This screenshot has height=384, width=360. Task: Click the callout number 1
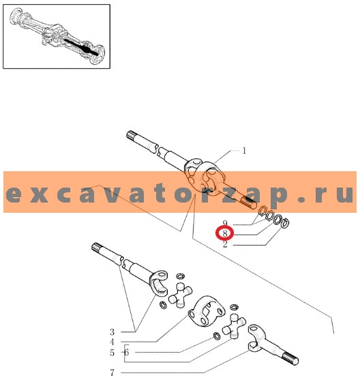pos(244,151)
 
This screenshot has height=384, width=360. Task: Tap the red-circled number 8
pos(225,233)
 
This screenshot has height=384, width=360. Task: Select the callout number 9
pos(225,223)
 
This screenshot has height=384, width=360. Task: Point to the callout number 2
pos(225,244)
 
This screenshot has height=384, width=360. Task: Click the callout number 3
pos(112,332)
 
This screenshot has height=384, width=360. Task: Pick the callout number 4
pos(112,342)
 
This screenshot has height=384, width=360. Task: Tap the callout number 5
pos(112,353)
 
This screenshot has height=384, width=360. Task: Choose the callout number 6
pos(126,353)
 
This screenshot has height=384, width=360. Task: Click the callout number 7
pos(112,372)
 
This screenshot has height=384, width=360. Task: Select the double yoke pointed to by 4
pos(207,311)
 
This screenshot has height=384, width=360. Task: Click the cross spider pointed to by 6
pos(234,327)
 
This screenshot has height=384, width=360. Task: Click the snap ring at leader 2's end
pos(286,222)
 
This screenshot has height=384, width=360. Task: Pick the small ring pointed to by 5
pos(217,336)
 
